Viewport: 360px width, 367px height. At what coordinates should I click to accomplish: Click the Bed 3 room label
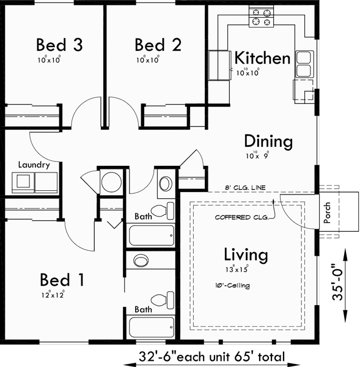point(59,45)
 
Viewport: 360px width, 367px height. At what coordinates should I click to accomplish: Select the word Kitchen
point(262,59)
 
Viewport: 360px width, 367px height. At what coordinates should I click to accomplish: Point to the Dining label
point(268,141)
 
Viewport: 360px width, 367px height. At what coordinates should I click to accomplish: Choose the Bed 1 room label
point(62,280)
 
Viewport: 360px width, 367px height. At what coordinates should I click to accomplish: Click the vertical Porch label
point(327,212)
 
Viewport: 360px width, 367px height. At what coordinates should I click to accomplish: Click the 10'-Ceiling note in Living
point(232,285)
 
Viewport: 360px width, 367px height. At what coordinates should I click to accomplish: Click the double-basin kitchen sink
point(304,64)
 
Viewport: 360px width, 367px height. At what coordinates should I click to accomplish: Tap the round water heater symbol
point(111,182)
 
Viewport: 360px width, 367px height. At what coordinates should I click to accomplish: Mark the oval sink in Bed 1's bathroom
point(142,260)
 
